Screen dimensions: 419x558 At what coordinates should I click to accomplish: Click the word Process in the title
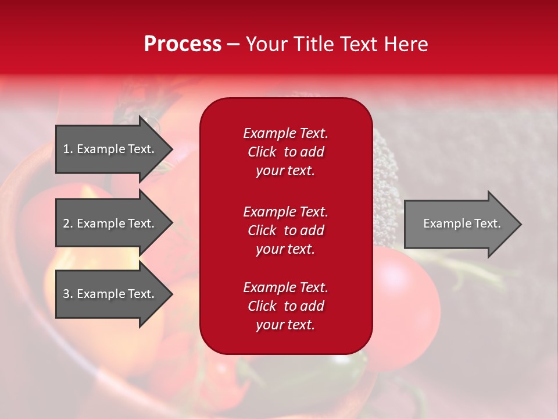(183, 44)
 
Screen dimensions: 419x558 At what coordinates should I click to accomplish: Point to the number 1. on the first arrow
(68, 149)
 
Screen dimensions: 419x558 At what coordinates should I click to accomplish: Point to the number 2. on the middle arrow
(68, 223)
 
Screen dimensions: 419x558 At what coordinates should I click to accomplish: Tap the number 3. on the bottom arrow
(68, 294)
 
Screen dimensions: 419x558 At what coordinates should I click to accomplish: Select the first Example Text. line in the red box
(285, 133)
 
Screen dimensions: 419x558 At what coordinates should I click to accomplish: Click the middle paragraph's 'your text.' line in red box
(285, 249)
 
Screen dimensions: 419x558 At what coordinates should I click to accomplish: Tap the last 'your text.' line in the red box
(285, 325)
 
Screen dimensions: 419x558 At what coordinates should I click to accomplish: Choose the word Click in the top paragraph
(262, 152)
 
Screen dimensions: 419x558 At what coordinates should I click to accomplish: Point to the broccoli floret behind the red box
(387, 175)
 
